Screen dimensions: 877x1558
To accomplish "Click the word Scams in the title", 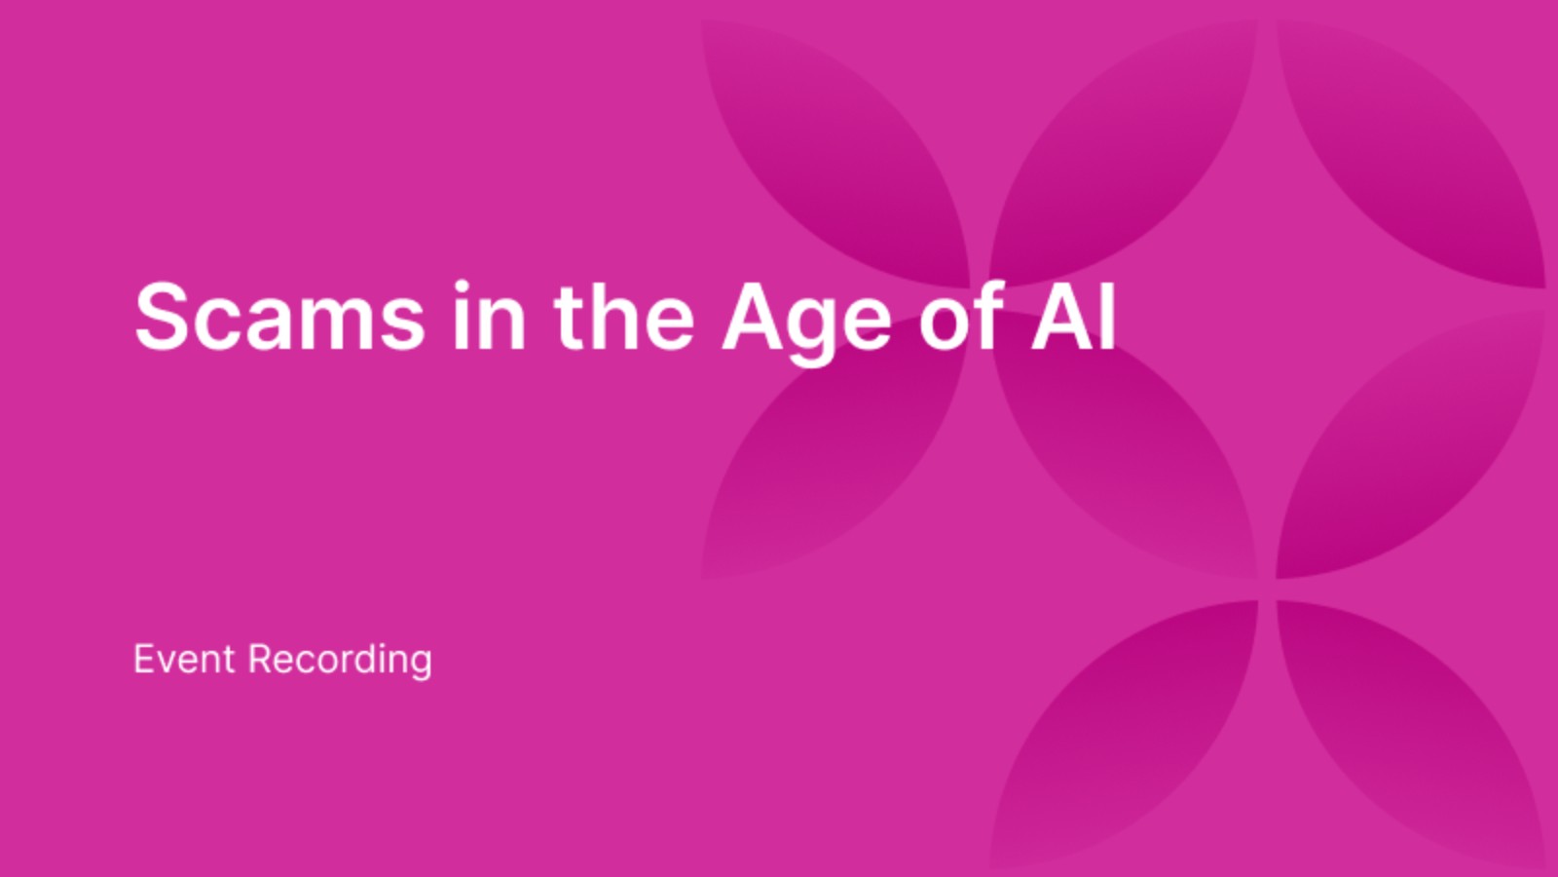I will point(279,317).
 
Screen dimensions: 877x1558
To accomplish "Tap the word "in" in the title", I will point(489,317).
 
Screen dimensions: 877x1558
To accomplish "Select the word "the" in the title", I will point(624,317).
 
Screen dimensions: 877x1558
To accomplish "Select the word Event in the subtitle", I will point(184,660).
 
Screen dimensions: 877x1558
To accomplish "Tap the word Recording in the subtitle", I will point(340,661).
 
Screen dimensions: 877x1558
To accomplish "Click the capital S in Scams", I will point(161,317).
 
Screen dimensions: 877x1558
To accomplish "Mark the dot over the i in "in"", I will point(464,286).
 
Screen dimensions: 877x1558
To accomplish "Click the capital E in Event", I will point(142,660).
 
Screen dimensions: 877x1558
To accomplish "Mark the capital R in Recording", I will point(259,660).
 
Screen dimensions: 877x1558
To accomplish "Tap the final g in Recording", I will point(421,667).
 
